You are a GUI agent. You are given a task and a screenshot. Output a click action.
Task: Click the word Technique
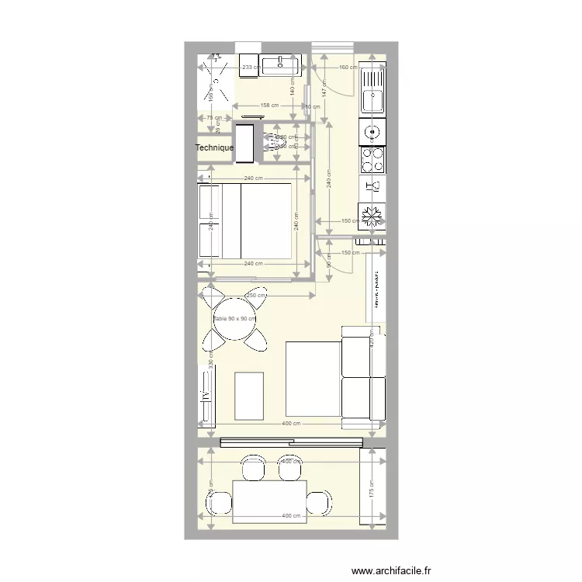214,147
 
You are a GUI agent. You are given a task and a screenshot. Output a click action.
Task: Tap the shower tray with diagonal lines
215,81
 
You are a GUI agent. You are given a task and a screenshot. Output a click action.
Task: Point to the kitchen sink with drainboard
372,88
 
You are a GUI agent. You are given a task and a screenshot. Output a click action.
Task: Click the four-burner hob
372,160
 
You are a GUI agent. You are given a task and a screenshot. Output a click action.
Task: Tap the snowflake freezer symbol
372,216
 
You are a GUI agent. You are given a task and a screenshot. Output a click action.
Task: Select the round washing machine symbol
372,133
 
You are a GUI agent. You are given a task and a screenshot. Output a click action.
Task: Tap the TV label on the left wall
206,395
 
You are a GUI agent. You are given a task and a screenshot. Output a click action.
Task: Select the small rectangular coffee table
249,396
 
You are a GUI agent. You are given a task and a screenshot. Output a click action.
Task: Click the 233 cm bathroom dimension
250,68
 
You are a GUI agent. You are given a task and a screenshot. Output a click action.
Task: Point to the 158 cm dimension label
268,105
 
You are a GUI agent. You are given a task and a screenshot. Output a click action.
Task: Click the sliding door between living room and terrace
291,442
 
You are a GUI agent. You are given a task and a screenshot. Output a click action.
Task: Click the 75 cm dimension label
212,118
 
